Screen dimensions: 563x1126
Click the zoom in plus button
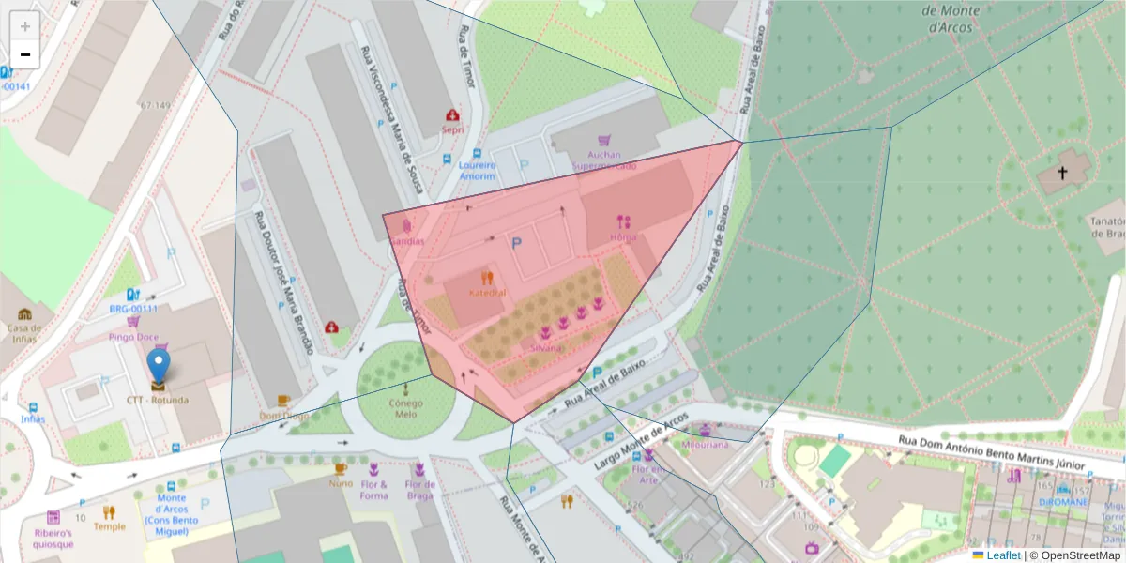point(25,26)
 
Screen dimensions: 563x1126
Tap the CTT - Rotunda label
point(158,400)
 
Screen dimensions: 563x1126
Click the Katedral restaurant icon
point(486,278)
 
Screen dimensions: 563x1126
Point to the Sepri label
point(453,130)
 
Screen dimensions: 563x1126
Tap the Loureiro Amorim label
point(477,170)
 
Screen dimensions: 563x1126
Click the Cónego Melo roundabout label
point(405,408)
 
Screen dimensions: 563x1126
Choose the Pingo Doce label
point(133,336)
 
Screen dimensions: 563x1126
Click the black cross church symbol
point(1062,173)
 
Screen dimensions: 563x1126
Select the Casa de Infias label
point(24,333)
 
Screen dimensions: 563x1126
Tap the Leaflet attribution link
point(1003,555)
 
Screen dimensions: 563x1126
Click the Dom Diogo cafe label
point(283,416)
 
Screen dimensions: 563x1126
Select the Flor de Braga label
point(419,490)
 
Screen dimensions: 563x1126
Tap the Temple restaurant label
point(109,526)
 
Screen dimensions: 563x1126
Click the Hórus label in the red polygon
point(623,237)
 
